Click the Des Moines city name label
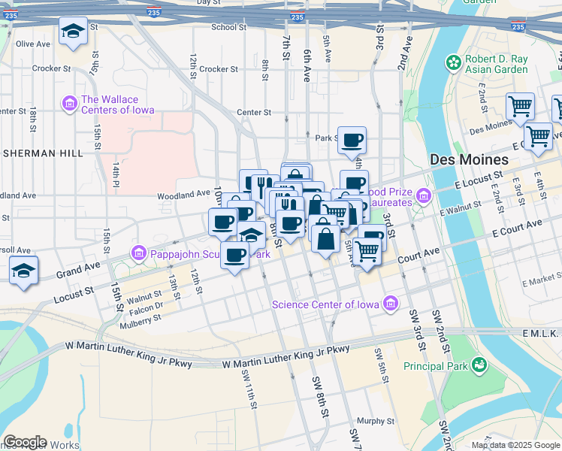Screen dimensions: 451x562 click(x=469, y=159)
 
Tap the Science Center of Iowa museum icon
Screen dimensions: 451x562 click(x=390, y=304)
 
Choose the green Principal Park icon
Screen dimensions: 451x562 click(x=478, y=365)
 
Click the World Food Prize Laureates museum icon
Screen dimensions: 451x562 click(x=424, y=197)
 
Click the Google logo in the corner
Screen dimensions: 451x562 click(x=24, y=442)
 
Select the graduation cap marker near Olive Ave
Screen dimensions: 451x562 click(x=73, y=32)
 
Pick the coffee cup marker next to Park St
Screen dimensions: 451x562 click(x=352, y=140)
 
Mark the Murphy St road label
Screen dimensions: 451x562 click(x=376, y=421)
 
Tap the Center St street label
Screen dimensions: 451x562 click(x=253, y=113)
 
